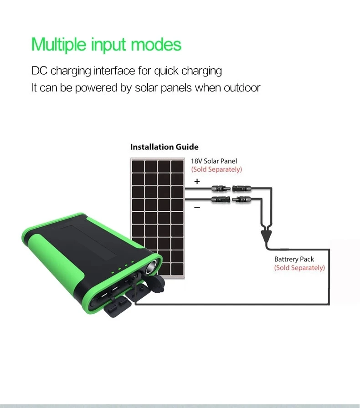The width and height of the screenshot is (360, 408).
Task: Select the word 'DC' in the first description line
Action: click(39, 71)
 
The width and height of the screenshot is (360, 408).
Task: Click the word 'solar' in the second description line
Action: click(145, 87)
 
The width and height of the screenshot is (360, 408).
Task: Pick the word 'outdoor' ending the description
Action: click(242, 87)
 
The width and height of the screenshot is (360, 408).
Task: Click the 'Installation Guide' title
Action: click(164, 147)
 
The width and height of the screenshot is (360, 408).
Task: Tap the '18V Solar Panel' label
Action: click(214, 161)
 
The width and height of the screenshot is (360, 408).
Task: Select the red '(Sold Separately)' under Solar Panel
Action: click(216, 169)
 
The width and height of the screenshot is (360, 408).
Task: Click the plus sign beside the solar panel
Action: click(197, 181)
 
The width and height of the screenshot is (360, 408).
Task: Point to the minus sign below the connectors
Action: click(197, 207)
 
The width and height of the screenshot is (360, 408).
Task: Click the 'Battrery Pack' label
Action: click(294, 259)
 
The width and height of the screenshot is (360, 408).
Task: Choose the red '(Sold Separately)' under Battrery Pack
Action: click(299, 268)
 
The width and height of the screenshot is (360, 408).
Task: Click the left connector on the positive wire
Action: click(218, 187)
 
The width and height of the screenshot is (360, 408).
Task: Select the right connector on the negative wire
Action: click(241, 199)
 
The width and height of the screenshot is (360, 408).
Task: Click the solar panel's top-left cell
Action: click(138, 166)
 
